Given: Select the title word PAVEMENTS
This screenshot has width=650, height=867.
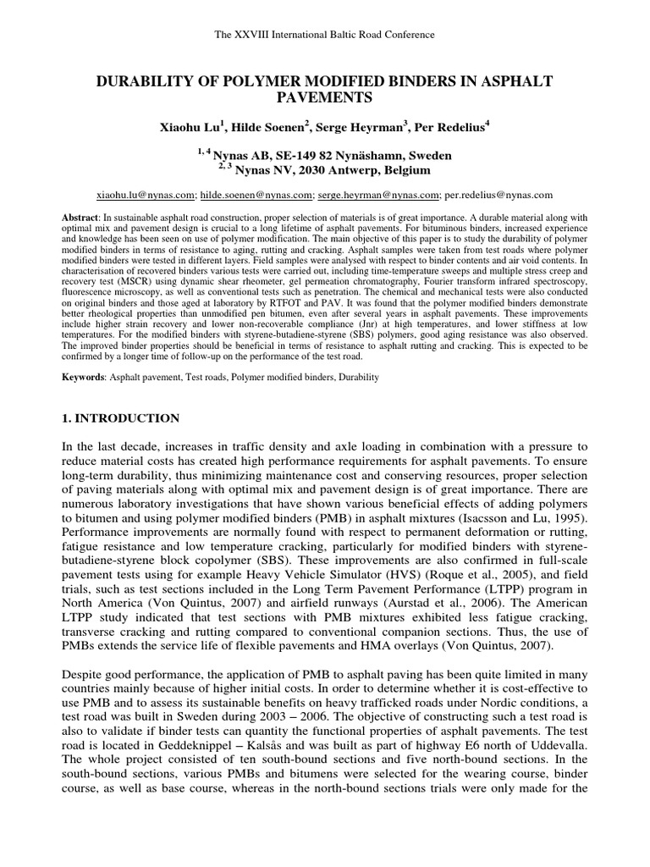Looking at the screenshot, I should (325, 98).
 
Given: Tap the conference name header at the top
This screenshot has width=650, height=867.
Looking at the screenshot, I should (325, 35).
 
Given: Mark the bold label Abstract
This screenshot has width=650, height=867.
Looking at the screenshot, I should (80, 218).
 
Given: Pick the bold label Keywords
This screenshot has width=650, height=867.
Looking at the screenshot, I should (85, 375).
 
